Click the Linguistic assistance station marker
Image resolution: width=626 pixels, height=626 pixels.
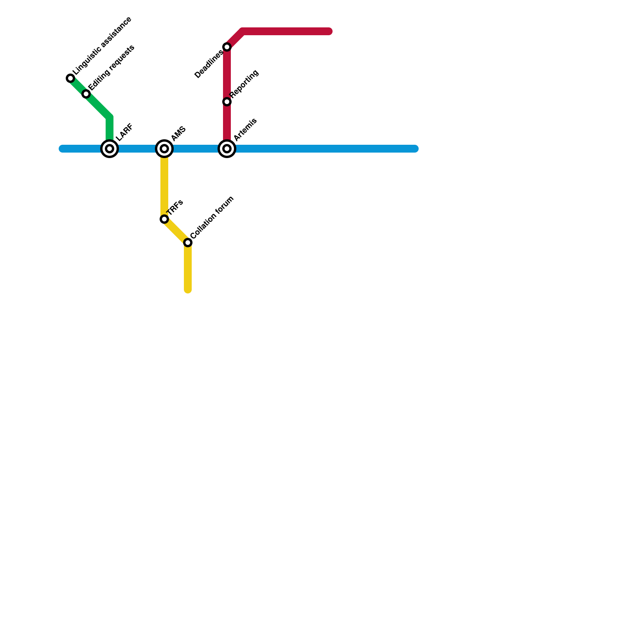(70, 78)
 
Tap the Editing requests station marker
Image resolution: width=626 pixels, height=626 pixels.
(86, 94)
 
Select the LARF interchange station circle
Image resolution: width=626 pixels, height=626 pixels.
(110, 149)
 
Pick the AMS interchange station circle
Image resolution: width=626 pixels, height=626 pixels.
(164, 149)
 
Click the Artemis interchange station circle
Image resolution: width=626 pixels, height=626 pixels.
(227, 149)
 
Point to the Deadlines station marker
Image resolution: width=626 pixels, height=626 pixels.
(227, 47)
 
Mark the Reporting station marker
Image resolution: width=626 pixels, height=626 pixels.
(227, 102)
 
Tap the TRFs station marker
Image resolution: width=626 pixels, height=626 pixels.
(164, 219)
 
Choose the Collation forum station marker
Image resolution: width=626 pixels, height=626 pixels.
(188, 243)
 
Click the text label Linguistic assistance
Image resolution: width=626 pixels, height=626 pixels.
(103, 45)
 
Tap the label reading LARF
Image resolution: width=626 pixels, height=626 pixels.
(125, 132)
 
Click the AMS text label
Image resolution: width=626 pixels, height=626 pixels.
(178, 134)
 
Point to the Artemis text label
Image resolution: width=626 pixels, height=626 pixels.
(245, 129)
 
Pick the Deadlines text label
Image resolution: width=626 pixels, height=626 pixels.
(209, 65)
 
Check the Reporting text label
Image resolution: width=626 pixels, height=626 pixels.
(244, 84)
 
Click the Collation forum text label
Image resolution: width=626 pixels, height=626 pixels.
(212, 217)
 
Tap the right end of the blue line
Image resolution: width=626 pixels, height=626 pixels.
(415, 149)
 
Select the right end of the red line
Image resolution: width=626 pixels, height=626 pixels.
(329, 31)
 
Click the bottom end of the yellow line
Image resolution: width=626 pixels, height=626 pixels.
(188, 290)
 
